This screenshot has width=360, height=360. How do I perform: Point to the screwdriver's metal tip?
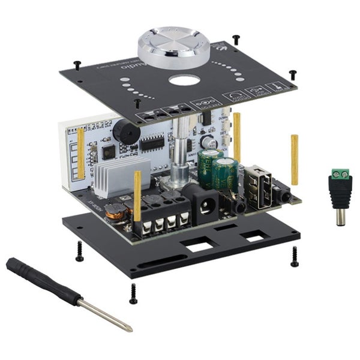tap(127, 326)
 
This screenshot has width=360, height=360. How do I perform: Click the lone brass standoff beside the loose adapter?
tap(295, 159)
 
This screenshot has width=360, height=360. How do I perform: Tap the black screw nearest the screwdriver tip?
tap(133, 293)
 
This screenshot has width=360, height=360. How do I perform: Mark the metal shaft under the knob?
tap(179, 156)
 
